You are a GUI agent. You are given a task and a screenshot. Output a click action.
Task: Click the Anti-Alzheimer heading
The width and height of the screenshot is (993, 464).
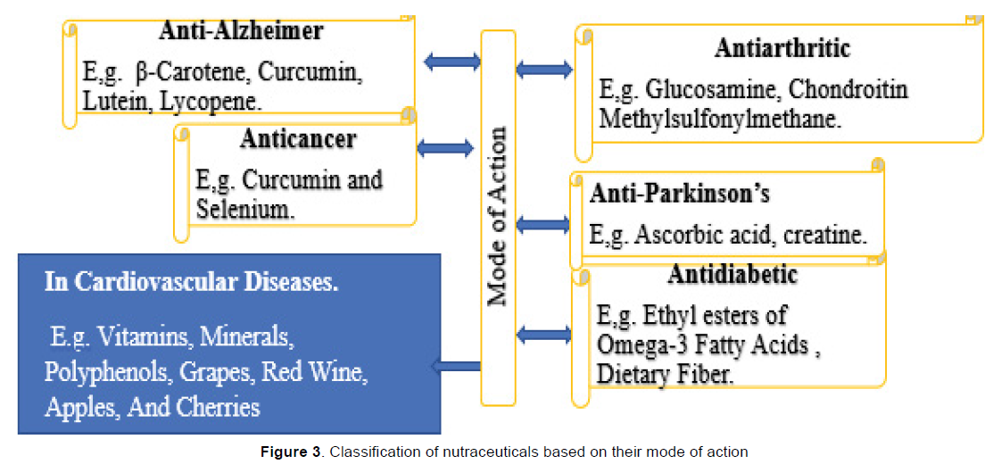click(241, 31)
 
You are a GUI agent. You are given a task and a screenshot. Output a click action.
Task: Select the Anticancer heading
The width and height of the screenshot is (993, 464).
click(297, 139)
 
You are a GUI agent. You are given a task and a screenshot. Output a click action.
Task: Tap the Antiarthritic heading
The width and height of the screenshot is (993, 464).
click(782, 48)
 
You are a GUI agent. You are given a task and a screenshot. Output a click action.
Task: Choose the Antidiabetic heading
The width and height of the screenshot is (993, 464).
click(732, 274)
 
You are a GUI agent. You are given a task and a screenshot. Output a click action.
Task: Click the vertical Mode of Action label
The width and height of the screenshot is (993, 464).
click(498, 217)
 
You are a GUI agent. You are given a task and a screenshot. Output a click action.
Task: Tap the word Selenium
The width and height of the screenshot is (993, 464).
click(244, 210)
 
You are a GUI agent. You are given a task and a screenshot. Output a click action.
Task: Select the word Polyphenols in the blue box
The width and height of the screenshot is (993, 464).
click(107, 371)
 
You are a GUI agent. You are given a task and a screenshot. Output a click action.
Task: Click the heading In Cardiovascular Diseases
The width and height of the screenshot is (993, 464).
click(192, 282)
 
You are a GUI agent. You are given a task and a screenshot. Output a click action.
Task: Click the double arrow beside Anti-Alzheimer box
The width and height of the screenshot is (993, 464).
click(451, 62)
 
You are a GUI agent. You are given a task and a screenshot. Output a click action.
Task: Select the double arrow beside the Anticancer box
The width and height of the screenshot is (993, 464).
click(445, 148)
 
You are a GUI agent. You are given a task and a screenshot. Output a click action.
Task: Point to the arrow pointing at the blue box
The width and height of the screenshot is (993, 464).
click(455, 365)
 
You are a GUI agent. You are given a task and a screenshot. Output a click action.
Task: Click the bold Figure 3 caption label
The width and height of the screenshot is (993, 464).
click(291, 452)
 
